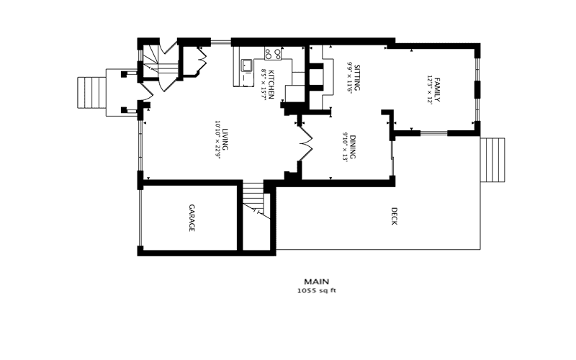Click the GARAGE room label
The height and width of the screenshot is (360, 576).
192,218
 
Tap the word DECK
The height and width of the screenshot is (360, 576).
394,217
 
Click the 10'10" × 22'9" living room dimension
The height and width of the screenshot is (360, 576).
216,140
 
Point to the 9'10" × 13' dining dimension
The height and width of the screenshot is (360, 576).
346,148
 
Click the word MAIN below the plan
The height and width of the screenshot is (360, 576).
317,282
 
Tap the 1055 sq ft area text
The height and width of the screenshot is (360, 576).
317,292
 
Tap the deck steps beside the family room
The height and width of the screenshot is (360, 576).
492,159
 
